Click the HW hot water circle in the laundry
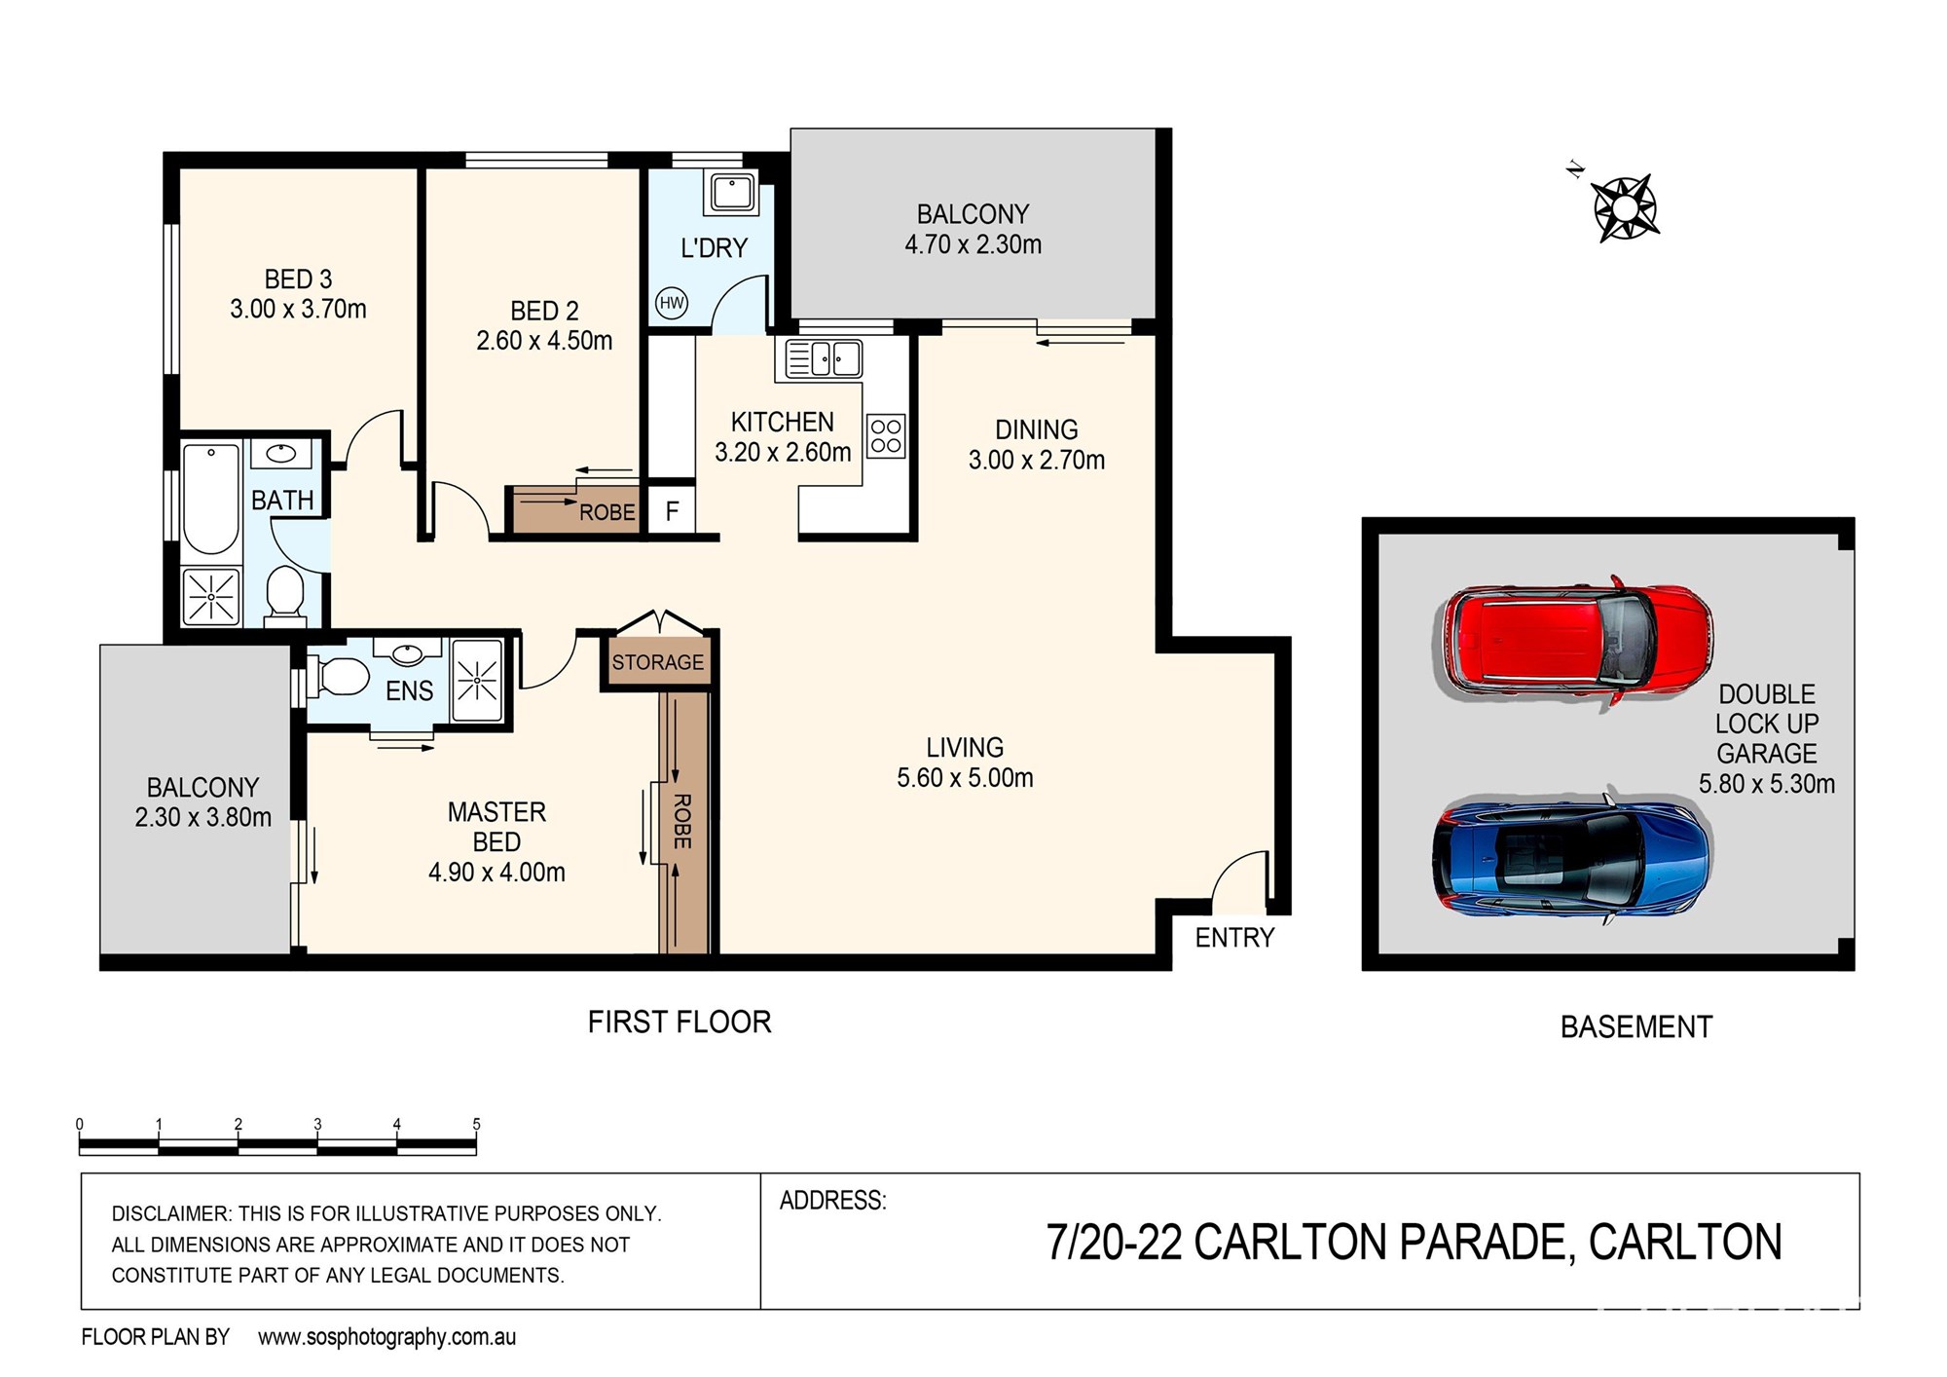pos(672,303)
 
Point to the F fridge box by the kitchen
pos(672,510)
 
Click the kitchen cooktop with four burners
pos(886,436)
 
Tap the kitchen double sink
pos(823,358)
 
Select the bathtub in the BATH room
pos(210,499)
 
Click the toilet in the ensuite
pos(337,676)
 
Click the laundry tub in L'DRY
pos(732,193)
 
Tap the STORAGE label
pos(658,662)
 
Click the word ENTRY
pos(1234,938)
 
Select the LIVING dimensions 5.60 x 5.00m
pos(965,778)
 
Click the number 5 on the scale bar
pos(476,1124)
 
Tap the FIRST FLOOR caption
pos(680,1022)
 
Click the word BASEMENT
pos(1636,1026)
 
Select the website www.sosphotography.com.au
pos(386,1337)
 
